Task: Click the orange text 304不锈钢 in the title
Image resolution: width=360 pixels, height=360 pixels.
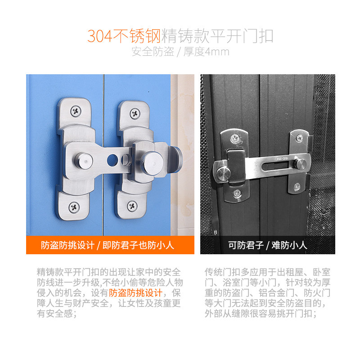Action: [x=124, y=36]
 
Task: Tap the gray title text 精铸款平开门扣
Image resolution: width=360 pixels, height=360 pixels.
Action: [x=217, y=36]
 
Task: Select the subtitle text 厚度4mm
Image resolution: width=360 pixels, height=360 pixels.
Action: [x=206, y=51]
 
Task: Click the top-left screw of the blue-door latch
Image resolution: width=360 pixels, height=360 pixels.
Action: [x=76, y=111]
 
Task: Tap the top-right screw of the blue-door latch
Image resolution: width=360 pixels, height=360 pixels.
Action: [x=135, y=114]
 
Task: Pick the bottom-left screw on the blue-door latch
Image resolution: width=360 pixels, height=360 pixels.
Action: [x=74, y=207]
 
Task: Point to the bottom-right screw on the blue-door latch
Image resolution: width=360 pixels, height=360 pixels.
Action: [x=132, y=206]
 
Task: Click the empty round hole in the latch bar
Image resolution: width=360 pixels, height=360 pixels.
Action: [x=112, y=160]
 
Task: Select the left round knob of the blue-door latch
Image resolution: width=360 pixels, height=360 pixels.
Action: [x=84, y=161]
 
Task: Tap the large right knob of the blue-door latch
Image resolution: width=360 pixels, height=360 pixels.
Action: [x=152, y=163]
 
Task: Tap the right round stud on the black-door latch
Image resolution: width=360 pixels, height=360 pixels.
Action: [x=300, y=164]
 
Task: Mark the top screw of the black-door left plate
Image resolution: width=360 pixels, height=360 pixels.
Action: [x=235, y=139]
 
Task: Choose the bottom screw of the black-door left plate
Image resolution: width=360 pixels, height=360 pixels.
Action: [x=237, y=193]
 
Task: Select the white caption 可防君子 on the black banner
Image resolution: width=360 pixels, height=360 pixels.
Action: [x=246, y=245]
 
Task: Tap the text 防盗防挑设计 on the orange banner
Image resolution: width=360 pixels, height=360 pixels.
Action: [x=68, y=245]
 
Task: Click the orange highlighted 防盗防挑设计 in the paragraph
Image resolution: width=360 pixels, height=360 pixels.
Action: [x=136, y=293]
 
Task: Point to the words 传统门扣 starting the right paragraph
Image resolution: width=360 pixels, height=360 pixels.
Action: [x=222, y=272]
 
